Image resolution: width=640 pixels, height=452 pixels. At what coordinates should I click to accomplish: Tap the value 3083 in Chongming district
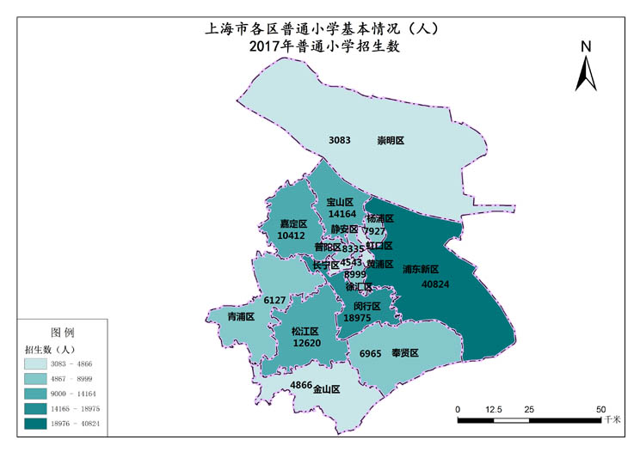coord(340,139)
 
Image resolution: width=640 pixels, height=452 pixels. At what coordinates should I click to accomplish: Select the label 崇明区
coord(391,140)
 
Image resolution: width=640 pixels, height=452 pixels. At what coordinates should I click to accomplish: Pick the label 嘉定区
coord(293,223)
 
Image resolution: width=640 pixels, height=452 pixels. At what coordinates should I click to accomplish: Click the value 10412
coord(292,235)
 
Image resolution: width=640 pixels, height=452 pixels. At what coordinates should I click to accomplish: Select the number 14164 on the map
coord(342,214)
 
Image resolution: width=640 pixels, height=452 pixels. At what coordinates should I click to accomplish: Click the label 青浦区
coord(241,316)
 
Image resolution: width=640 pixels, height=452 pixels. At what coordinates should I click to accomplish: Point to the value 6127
coord(274,300)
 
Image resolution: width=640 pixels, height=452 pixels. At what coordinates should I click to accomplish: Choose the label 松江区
coord(305,331)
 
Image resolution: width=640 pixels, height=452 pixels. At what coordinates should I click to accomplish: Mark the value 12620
coord(307,343)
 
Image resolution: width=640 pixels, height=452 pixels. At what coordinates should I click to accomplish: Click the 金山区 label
coord(326,389)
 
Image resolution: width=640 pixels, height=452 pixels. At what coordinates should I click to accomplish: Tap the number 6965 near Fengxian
coord(371,353)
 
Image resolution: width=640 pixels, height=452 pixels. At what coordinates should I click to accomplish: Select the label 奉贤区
coord(404,352)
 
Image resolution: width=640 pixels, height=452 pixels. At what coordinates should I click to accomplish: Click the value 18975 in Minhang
coord(357,318)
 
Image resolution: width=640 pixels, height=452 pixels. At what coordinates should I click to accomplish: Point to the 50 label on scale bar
coord(600,409)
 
